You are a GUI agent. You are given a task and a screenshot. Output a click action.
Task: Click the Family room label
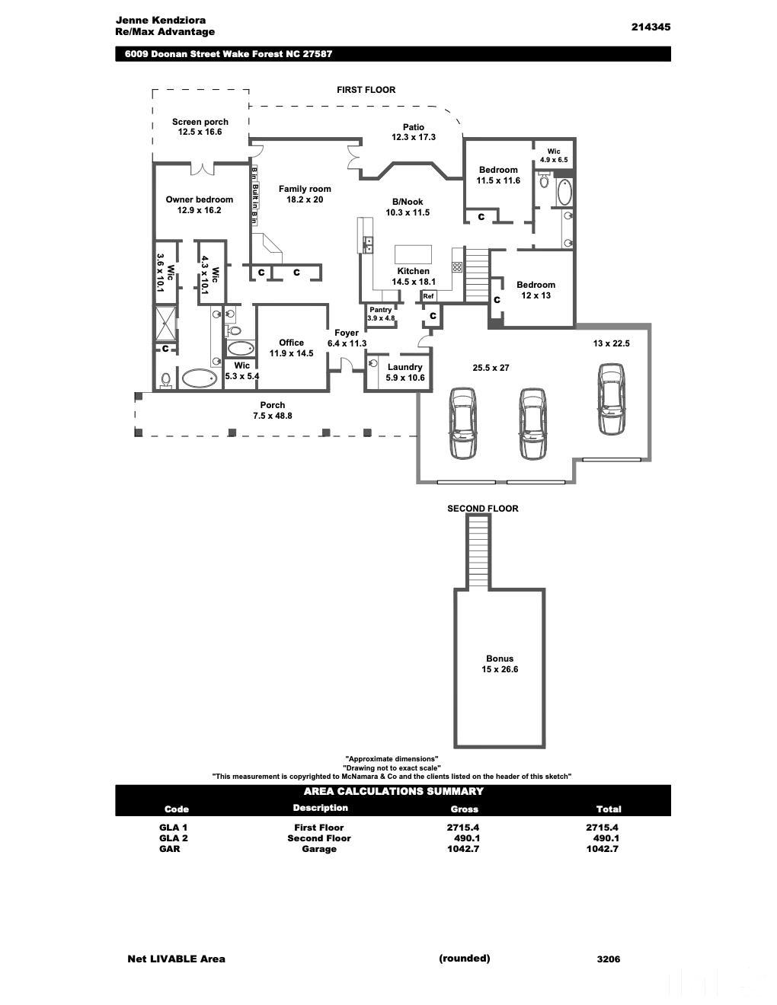click(305, 189)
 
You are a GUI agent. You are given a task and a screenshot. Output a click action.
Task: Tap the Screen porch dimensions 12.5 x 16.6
click(200, 132)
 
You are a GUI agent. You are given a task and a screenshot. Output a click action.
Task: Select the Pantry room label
click(381, 310)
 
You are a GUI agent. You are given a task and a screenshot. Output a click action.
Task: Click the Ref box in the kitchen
click(428, 296)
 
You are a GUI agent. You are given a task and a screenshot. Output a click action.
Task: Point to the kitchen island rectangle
click(413, 254)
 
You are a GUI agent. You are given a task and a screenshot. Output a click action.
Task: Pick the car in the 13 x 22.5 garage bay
click(611, 399)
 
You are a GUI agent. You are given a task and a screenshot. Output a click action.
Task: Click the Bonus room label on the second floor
click(500, 659)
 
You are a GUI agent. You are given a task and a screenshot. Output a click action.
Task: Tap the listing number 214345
click(650, 27)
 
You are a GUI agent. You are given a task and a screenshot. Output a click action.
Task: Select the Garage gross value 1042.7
click(463, 849)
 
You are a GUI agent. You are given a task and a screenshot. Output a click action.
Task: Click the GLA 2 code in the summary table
click(174, 838)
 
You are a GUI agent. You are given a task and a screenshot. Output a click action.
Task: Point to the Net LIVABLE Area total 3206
click(608, 959)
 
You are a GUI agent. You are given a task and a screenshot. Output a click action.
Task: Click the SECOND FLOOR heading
click(482, 509)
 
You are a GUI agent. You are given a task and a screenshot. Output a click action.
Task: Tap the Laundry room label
click(404, 367)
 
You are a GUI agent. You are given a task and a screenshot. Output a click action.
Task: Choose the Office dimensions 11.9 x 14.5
click(291, 353)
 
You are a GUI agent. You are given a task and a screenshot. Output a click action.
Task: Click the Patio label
click(414, 127)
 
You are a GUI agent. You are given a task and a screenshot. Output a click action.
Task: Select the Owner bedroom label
click(200, 199)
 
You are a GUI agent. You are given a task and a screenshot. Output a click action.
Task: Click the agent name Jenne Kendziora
click(161, 20)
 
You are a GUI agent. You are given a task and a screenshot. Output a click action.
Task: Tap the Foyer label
click(347, 333)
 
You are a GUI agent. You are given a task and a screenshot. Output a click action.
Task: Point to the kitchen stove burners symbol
click(457, 267)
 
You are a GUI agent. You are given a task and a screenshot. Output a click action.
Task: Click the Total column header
click(608, 809)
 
